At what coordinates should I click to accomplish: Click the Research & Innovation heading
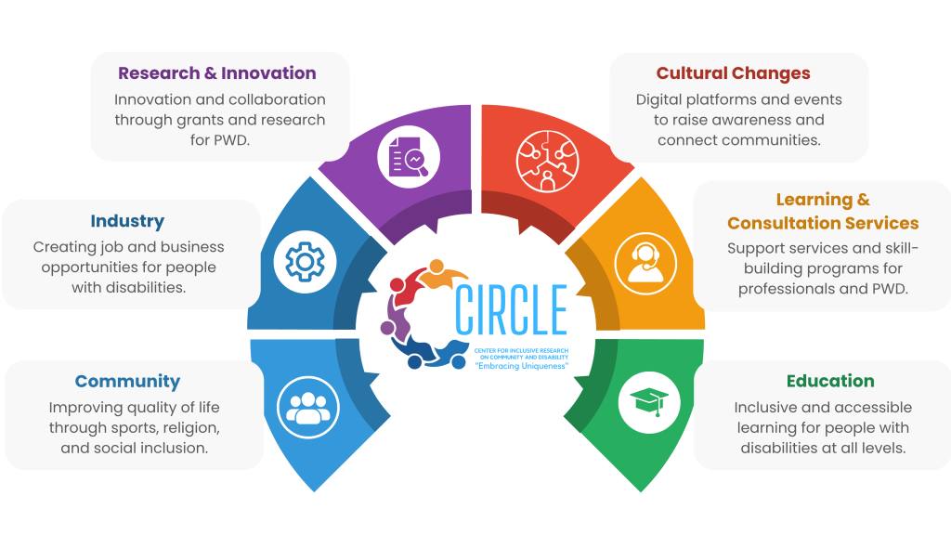[x=217, y=73]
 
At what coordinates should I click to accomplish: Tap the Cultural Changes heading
[x=733, y=73]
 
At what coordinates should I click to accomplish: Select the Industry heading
[x=127, y=221]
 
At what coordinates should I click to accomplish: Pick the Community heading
[x=127, y=382]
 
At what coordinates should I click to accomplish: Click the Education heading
[x=830, y=381]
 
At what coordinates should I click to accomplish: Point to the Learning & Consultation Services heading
[x=823, y=212]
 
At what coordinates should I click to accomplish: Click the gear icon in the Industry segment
[x=305, y=263]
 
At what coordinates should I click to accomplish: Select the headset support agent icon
[x=645, y=263]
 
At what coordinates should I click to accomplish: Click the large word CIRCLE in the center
[x=511, y=309]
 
